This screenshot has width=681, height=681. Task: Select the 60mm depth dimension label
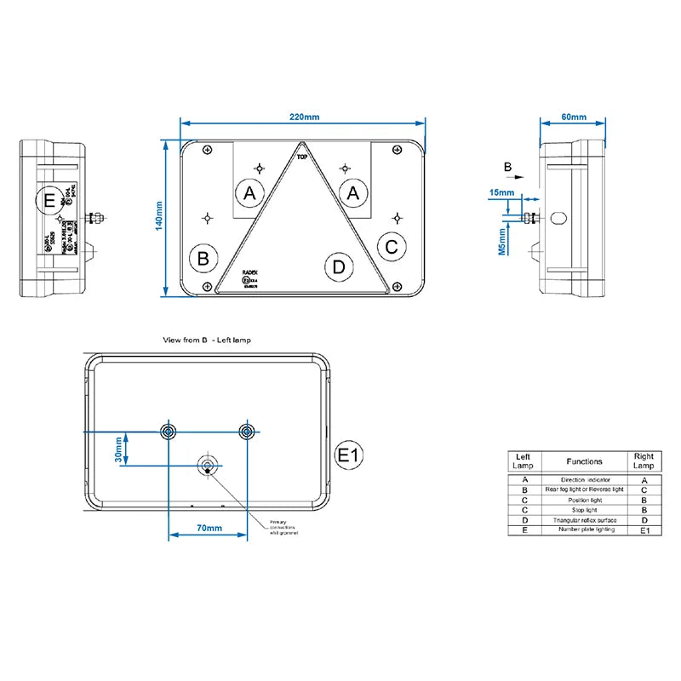pos(575,117)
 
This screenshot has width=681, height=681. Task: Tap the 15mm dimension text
pos(502,193)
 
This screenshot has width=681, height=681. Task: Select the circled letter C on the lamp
pos(391,248)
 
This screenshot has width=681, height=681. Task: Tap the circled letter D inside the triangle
pos(340,267)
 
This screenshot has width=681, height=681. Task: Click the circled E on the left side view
pos(49,201)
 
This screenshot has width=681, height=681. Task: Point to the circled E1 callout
pos(350,455)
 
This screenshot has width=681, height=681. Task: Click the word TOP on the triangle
pos(301,157)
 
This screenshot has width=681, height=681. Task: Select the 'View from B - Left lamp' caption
pos(207,340)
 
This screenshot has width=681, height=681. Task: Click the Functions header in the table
pos(583,461)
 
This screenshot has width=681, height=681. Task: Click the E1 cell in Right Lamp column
pos(644,529)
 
